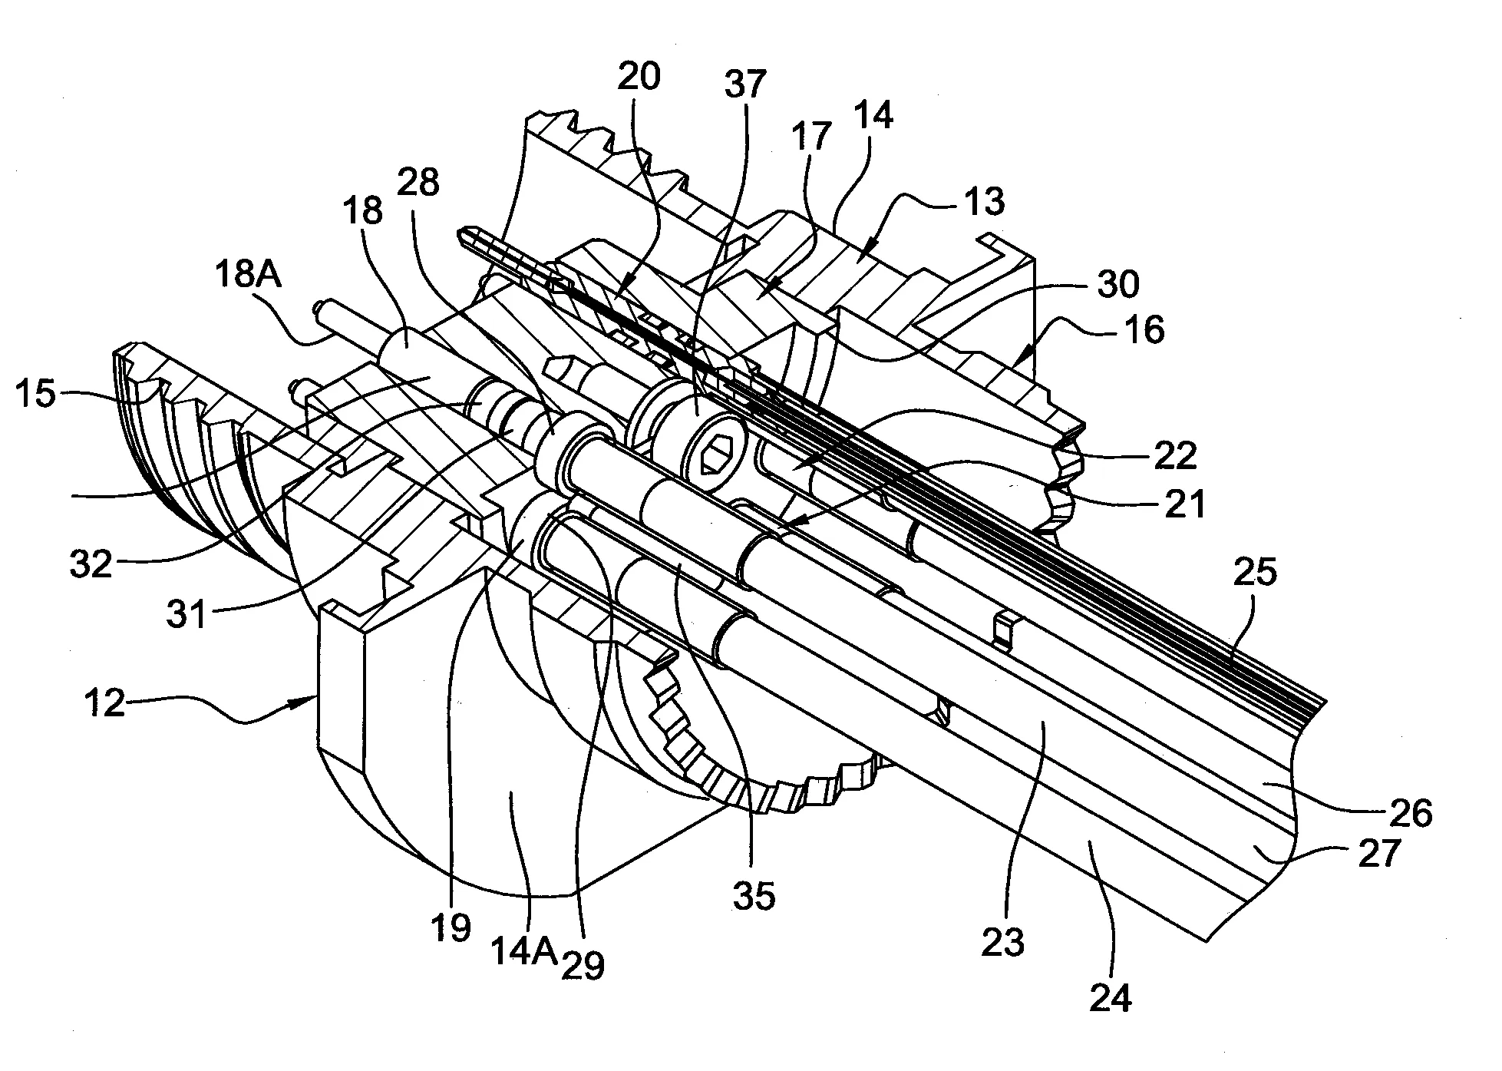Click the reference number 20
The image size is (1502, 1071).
click(x=638, y=77)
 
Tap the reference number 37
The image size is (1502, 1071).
click(x=744, y=84)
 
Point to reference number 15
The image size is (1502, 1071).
click(x=35, y=395)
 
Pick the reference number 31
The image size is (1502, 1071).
click(x=187, y=614)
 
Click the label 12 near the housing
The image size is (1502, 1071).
click(x=104, y=703)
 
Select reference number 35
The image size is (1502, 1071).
click(x=754, y=895)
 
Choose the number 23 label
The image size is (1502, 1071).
click(x=1003, y=940)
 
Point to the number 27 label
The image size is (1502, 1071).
click(x=1379, y=854)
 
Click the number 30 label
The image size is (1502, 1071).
click(x=1117, y=284)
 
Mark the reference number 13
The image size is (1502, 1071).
click(x=985, y=202)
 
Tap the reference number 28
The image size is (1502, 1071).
click(x=418, y=184)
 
